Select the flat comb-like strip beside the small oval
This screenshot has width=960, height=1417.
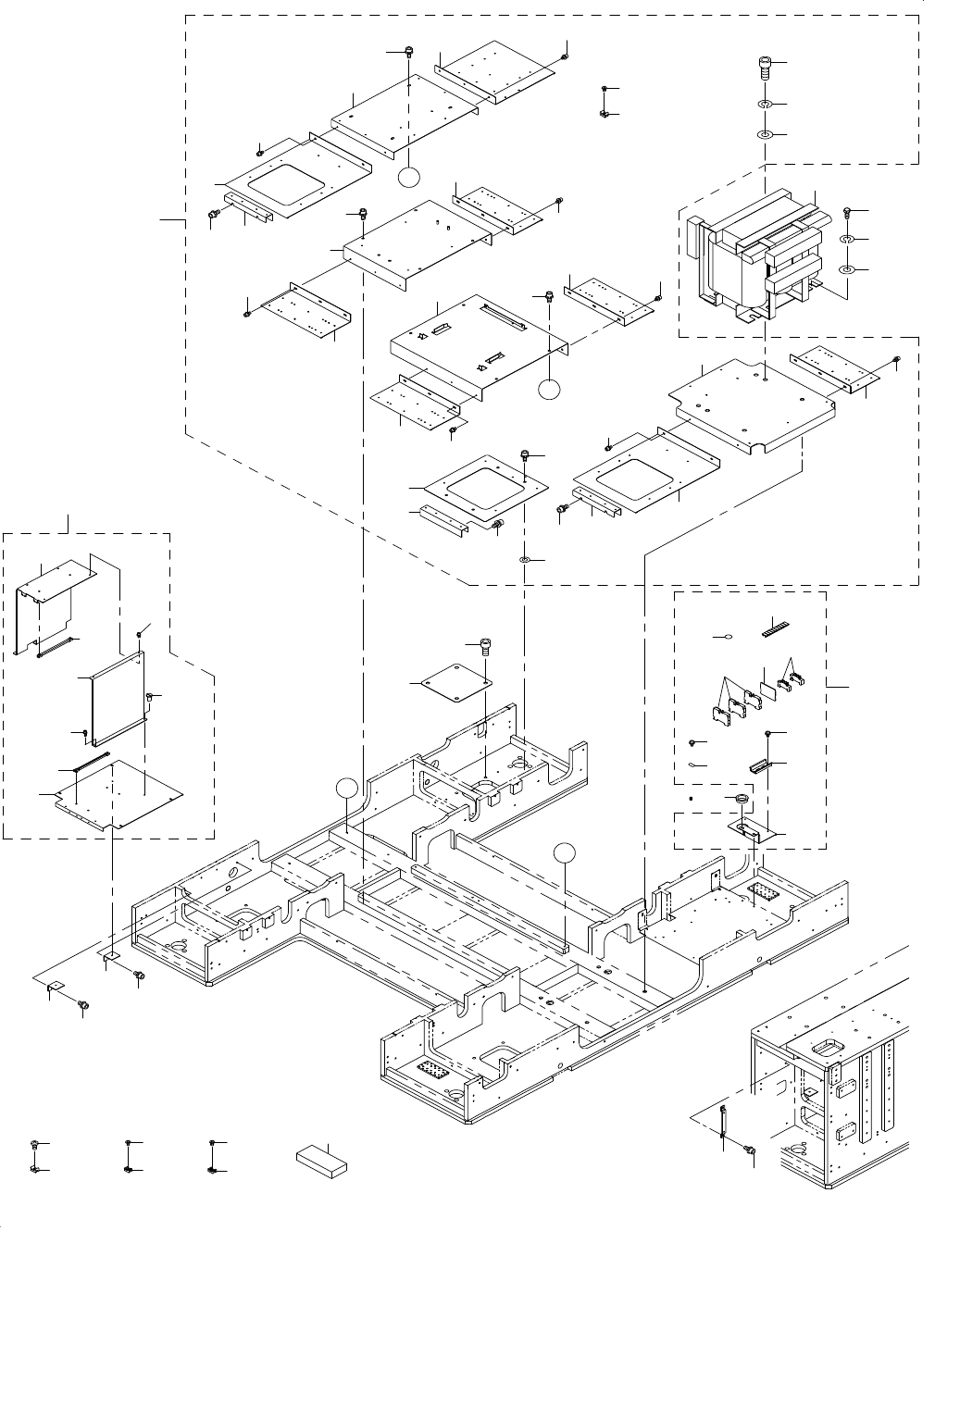774,627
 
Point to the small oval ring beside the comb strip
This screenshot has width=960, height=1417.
729,637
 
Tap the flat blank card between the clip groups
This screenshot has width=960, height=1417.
767,689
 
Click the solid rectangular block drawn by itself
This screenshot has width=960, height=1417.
322,1160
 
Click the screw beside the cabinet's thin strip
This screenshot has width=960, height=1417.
750,1150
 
